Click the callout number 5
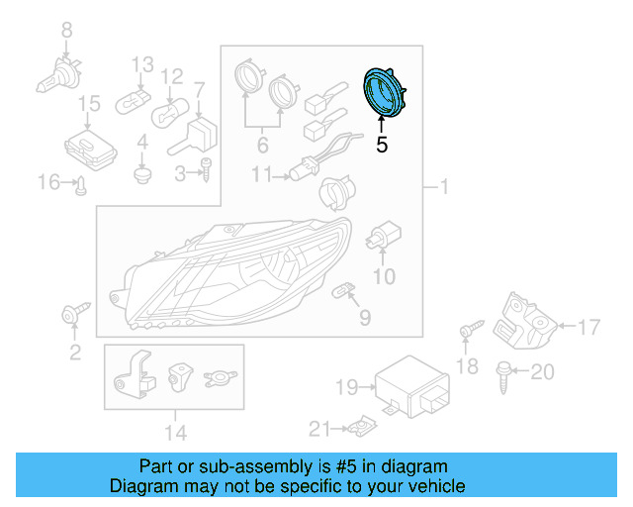[382, 145]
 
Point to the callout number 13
[143, 64]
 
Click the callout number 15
[89, 103]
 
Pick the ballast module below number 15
[87, 149]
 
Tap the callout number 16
[48, 181]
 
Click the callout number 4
[142, 142]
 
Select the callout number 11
[261, 175]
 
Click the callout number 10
[382, 276]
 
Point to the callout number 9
[365, 318]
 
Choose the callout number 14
[174, 432]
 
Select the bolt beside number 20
[501, 372]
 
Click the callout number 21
[317, 428]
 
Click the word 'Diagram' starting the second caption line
[140, 486]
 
